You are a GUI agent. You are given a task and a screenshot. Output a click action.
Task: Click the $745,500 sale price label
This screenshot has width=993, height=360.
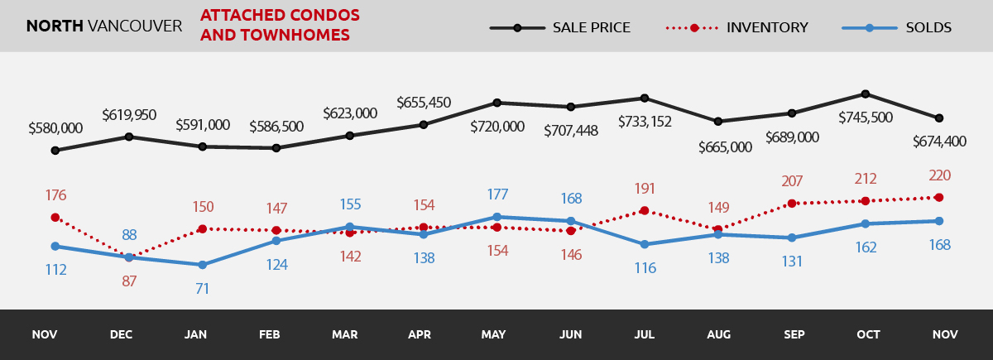coord(866,118)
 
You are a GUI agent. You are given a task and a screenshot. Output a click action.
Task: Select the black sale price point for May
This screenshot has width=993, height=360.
coord(496,103)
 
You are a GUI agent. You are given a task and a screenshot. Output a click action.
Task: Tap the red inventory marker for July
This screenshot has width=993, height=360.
coord(644,210)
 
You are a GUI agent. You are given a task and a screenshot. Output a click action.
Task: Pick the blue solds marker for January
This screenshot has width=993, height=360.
coord(203,265)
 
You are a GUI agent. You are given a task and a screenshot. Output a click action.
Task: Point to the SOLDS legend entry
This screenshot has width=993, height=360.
coord(897,27)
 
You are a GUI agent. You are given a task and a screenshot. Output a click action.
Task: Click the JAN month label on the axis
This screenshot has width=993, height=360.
coord(196,335)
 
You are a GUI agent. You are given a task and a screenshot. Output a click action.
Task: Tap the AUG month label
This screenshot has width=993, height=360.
coord(718,335)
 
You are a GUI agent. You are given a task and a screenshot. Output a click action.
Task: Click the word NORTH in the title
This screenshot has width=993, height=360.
coord(55,26)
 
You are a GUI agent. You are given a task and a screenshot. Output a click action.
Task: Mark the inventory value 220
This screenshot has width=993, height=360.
coord(939,175)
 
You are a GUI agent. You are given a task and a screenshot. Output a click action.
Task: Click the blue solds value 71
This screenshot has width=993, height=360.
coord(203,289)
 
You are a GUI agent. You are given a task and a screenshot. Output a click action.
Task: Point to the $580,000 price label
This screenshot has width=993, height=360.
coord(55,128)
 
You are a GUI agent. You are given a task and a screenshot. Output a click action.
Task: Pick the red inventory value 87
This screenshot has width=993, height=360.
coord(129,281)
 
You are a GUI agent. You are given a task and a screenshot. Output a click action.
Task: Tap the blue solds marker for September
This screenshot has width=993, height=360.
coord(792,238)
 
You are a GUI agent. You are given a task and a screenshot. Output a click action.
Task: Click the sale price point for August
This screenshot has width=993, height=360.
coord(718,122)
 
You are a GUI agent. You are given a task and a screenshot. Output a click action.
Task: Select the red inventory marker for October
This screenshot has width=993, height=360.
coord(866,201)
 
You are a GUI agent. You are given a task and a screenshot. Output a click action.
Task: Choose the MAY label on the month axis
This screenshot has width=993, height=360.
coord(495,335)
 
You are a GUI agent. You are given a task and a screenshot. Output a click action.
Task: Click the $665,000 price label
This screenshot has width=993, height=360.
coord(725,147)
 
